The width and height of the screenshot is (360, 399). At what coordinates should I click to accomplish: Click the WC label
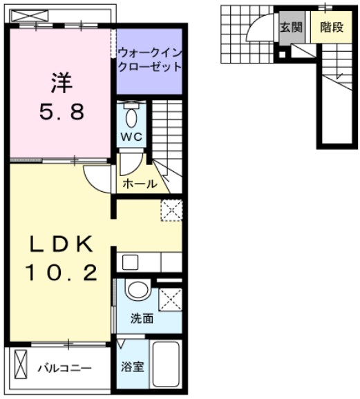pyautogui.click(x=131, y=137)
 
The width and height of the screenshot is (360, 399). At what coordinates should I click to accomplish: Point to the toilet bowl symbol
pyautogui.click(x=131, y=115)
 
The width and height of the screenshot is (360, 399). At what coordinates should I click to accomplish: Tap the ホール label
pyautogui.click(x=139, y=184)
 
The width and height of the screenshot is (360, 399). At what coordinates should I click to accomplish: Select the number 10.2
pyautogui.click(x=61, y=274)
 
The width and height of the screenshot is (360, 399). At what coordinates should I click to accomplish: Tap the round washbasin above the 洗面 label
pyautogui.click(x=138, y=291)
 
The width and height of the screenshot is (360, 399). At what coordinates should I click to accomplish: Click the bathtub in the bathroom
pyautogui.click(x=166, y=367)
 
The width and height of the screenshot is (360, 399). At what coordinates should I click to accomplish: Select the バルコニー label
pyautogui.click(x=64, y=368)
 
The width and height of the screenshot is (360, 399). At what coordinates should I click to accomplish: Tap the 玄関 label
pyautogui.click(x=289, y=28)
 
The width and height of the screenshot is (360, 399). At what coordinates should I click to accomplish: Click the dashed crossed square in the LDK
pyautogui.click(x=171, y=209)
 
